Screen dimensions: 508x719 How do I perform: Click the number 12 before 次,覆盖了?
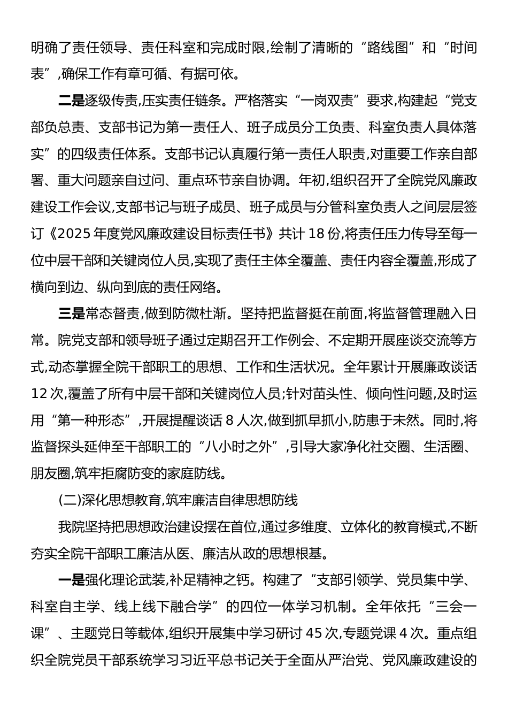[x=40, y=394]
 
